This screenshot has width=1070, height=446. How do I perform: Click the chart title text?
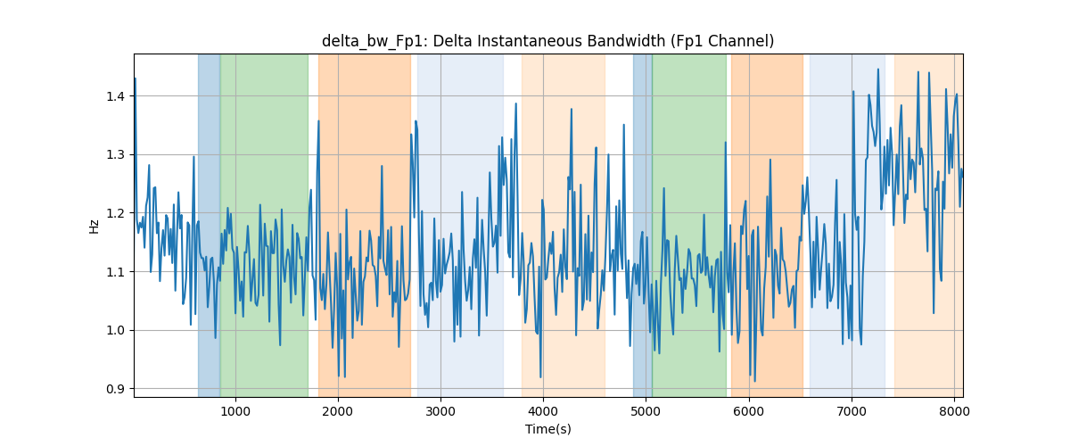[x=547, y=41]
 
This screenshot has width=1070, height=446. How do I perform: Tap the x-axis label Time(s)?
[x=547, y=429]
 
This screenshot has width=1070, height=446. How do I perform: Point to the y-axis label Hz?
[x=95, y=226]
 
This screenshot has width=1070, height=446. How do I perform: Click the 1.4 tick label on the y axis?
[x=115, y=96]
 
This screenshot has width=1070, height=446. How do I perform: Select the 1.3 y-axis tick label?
[x=115, y=155]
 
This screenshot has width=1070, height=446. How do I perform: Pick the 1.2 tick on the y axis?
[x=115, y=213]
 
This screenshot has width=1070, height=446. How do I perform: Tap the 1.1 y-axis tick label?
[x=115, y=272]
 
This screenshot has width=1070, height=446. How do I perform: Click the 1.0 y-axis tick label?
[x=115, y=330]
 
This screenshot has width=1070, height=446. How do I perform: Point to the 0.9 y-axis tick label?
[x=115, y=389]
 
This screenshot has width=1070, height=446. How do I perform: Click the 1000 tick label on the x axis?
[x=235, y=411]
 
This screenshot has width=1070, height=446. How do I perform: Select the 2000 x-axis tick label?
[x=338, y=411]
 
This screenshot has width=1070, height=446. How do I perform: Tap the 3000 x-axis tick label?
[x=440, y=411]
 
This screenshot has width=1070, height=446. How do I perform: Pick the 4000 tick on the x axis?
[x=543, y=411]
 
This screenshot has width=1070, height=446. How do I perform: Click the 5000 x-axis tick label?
[x=646, y=411]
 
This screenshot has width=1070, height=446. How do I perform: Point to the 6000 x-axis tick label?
[x=748, y=411]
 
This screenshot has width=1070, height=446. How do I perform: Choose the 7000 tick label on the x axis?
[x=852, y=411]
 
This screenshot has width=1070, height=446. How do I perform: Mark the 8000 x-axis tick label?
[x=954, y=411]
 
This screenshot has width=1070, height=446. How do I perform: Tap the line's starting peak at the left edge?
[x=136, y=78]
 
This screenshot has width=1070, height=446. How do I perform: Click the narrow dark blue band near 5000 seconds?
[x=643, y=226]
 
